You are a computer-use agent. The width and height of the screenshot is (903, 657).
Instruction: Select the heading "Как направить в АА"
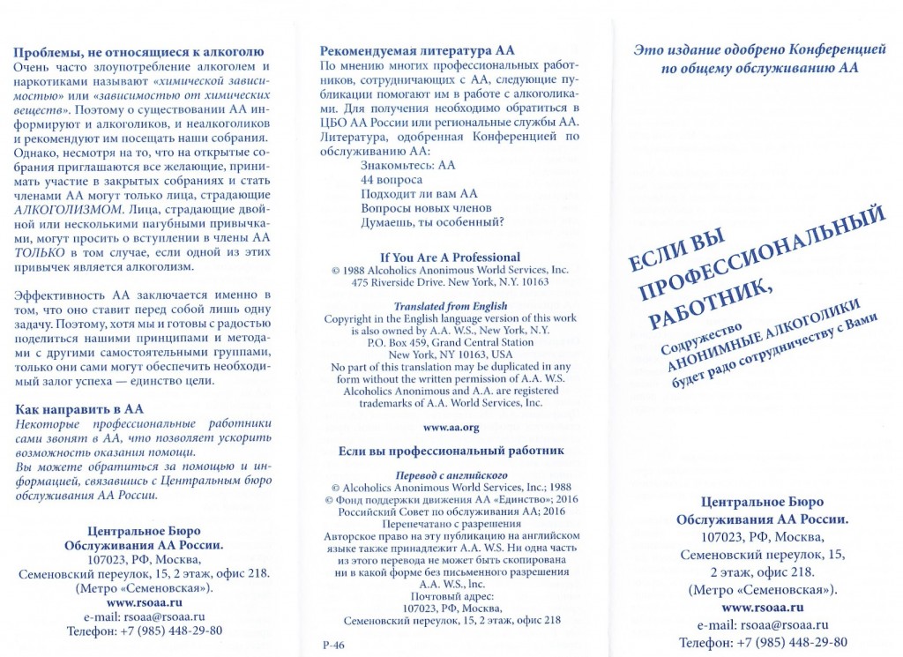tap(79, 409)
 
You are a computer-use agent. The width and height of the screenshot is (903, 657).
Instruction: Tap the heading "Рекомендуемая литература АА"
tap(416, 50)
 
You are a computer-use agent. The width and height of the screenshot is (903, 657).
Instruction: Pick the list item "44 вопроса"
tap(392, 179)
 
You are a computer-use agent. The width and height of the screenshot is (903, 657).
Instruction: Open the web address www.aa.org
tap(451, 427)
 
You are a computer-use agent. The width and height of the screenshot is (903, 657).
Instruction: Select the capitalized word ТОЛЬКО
tap(39, 251)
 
